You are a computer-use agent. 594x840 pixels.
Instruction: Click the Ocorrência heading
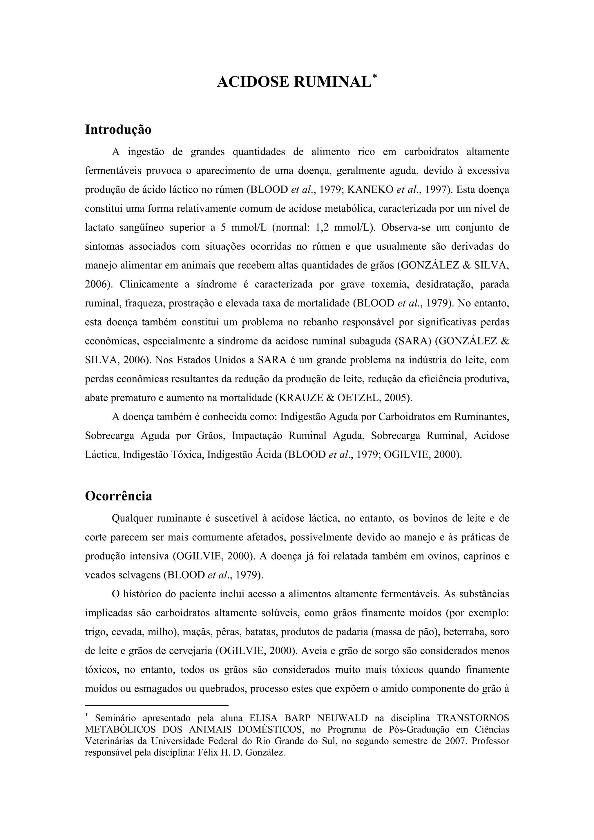pos(118,496)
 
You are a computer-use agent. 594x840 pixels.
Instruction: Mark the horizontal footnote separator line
pos(156,704)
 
